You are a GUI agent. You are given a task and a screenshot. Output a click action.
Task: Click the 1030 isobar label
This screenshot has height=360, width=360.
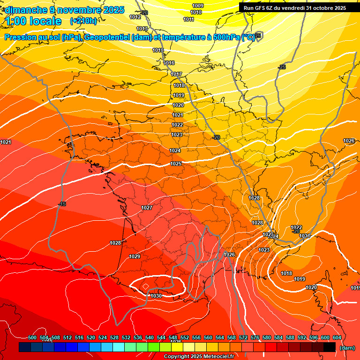tap(157, 296)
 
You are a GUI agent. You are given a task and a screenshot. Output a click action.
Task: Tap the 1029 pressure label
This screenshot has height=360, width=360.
tap(135, 256)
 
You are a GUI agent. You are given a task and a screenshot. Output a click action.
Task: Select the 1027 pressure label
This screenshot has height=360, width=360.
tap(147, 208)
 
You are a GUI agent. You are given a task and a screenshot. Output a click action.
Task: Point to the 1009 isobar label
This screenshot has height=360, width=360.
tap(198, 6)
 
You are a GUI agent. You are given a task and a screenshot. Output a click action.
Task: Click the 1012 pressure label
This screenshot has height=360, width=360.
tap(135, 17)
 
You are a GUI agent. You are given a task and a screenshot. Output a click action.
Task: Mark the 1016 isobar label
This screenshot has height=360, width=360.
tap(169, 63)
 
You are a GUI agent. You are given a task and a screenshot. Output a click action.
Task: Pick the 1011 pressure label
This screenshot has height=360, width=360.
tap(188, 20)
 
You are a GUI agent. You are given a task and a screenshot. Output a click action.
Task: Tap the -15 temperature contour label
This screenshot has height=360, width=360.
tap(62, 204)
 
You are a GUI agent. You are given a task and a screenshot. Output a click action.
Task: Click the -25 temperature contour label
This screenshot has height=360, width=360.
tap(282, 67)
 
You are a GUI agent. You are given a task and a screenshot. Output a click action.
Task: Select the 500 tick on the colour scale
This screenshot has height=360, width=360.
tap(32, 337)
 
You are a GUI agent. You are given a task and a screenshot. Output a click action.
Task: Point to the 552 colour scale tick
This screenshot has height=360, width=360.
tap(185, 337)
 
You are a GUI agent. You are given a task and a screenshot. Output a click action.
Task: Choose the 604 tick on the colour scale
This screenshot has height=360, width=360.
tap(337, 337)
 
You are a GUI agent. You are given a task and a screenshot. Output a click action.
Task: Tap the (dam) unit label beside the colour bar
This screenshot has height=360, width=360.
tap(347, 348)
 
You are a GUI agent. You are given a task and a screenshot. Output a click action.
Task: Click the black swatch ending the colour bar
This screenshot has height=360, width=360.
tap(330, 347)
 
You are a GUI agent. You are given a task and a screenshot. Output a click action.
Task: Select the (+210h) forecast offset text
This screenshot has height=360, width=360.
tap(83, 21)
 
